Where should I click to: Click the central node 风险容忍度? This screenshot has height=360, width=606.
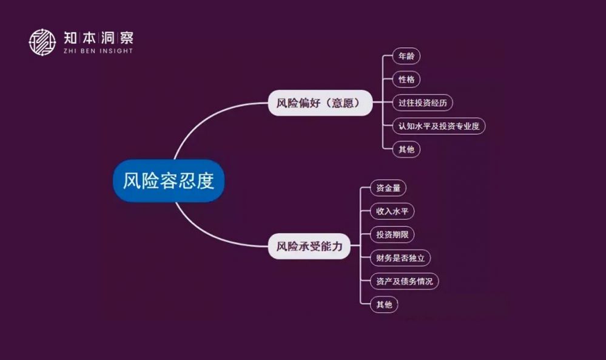(168, 181)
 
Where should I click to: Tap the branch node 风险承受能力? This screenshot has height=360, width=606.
(309, 246)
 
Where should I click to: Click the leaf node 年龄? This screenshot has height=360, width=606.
(406, 56)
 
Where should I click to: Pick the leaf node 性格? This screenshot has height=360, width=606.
(406, 80)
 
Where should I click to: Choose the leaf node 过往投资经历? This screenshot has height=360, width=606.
(422, 103)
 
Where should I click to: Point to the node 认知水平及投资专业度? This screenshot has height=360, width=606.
(439, 126)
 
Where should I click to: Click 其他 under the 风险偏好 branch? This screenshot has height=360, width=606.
(406, 149)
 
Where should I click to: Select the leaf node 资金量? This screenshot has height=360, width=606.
(388, 188)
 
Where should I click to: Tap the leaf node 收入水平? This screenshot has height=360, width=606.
(392, 211)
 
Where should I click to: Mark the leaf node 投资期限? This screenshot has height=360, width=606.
(392, 234)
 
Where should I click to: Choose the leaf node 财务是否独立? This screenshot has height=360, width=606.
(400, 258)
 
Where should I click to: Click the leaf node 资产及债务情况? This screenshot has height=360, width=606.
(404, 281)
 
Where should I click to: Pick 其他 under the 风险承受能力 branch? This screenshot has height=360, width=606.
(384, 304)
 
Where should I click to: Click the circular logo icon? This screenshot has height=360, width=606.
(42, 42)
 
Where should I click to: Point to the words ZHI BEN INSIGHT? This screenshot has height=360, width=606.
(98, 51)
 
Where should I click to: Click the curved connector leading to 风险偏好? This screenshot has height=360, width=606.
(200, 121)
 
